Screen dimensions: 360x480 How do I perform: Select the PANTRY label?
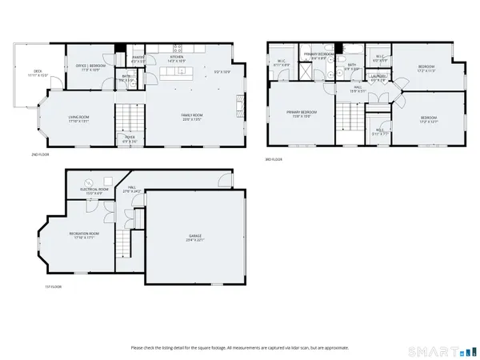click(138, 58)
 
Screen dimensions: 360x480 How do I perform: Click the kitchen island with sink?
click(178, 74)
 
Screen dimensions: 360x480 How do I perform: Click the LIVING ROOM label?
click(78, 118)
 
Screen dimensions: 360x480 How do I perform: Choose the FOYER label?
click(130, 138)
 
